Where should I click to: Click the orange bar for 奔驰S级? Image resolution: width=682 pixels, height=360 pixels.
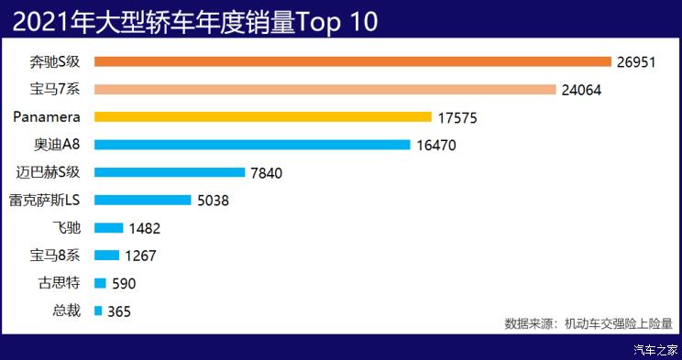pyautogui.click(x=352, y=61)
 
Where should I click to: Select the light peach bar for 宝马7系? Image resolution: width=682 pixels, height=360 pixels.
pyautogui.click(x=324, y=90)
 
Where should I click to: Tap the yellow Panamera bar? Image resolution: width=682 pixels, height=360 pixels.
pyautogui.click(x=262, y=117)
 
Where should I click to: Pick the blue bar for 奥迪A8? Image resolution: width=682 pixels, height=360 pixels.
pyautogui.click(x=251, y=145)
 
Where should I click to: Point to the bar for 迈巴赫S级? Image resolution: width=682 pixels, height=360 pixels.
pyautogui.click(x=170, y=172)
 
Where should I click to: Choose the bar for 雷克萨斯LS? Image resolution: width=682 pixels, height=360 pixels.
pyautogui.click(x=142, y=200)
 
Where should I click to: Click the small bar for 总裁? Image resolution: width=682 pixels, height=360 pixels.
pyautogui.click(x=98, y=311)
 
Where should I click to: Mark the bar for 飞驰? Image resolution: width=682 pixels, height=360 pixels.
pyautogui.click(x=108, y=227)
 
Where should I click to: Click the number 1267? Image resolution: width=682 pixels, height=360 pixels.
pyautogui.click(x=145, y=256)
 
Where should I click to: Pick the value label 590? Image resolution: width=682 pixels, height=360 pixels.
pyautogui.click(x=124, y=283)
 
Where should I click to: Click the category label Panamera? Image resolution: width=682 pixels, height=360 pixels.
pyautogui.click(x=48, y=117)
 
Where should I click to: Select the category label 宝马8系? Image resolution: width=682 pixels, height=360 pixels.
pyautogui.click(x=56, y=256)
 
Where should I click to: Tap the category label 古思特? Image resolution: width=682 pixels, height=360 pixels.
pyautogui.click(x=60, y=283)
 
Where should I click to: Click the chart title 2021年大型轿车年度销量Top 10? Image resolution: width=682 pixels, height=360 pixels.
pyautogui.click(x=195, y=22)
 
